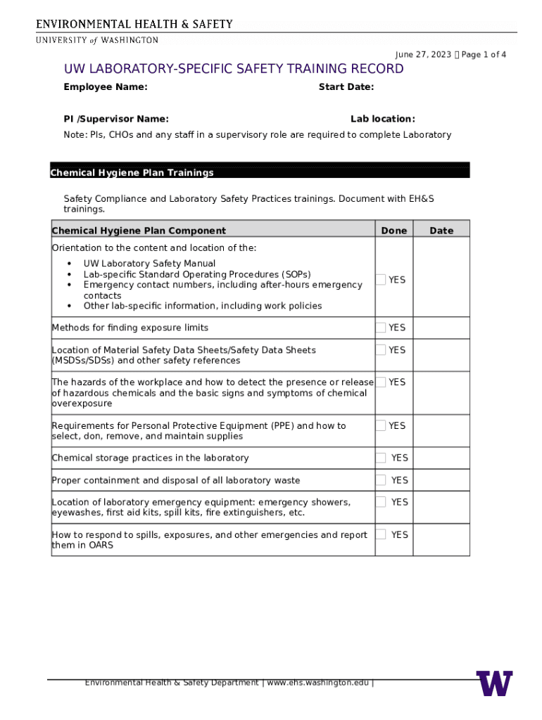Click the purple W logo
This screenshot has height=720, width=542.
pos(494,683)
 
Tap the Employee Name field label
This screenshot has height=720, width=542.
pos(106,87)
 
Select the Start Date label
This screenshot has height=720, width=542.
pos(346,87)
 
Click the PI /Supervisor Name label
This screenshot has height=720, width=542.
pos(116,120)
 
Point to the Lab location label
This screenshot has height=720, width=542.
pos(383,120)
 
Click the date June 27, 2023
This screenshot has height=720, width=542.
pos(423,55)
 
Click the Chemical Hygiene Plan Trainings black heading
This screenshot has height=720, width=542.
pos(132,173)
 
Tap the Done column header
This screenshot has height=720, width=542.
pos(394,231)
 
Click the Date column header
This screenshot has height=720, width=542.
pos(441,231)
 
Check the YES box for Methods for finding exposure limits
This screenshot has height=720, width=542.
pos(381,328)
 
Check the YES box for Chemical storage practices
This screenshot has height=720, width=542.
pos(381,458)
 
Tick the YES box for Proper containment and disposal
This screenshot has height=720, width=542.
pos(381,480)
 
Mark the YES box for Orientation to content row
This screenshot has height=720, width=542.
pos(381,280)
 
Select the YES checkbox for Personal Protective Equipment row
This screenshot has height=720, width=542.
pos(381,425)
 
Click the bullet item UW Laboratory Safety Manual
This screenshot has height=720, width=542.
pos(149,264)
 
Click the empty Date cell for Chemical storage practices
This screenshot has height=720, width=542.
pos(441,458)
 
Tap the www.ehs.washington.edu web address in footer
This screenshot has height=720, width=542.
pos(317,683)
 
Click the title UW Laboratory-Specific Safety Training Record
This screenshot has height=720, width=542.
pos(234,69)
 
